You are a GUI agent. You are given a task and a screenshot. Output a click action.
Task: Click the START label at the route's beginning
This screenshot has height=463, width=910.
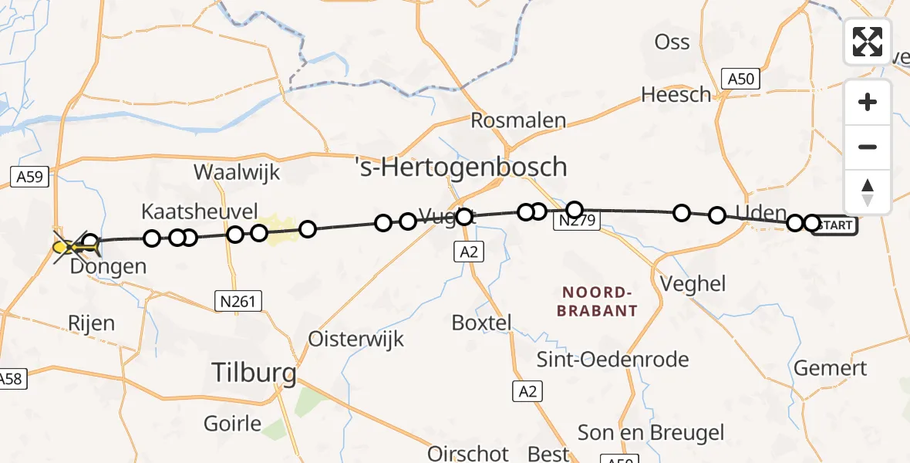(x=835, y=225)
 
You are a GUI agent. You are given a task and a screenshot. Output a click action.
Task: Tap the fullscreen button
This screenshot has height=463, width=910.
(x=868, y=42)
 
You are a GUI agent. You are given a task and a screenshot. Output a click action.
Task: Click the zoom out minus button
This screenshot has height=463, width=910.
(x=868, y=147)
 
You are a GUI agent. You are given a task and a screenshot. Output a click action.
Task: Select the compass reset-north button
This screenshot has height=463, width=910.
(x=868, y=192)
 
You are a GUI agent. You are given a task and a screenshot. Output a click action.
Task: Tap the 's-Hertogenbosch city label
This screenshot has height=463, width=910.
(x=461, y=167)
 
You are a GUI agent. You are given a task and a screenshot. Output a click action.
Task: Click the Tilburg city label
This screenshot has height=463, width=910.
(x=254, y=374)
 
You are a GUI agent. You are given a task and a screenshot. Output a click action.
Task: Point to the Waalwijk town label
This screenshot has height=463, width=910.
(x=237, y=171)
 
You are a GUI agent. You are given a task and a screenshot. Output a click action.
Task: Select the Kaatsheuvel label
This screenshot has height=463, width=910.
(x=200, y=211)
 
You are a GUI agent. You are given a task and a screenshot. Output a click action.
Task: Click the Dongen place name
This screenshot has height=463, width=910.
(x=108, y=268)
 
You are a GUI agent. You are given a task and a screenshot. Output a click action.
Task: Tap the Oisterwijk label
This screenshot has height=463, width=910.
(x=356, y=339)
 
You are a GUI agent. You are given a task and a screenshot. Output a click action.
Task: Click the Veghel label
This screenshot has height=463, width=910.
(x=693, y=283)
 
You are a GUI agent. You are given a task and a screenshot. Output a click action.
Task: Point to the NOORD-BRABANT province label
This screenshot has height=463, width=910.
(x=599, y=302)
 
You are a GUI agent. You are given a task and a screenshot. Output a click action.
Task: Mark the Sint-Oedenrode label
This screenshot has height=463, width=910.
(x=613, y=359)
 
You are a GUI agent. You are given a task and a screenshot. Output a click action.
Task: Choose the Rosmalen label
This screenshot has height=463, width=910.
(x=518, y=120)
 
